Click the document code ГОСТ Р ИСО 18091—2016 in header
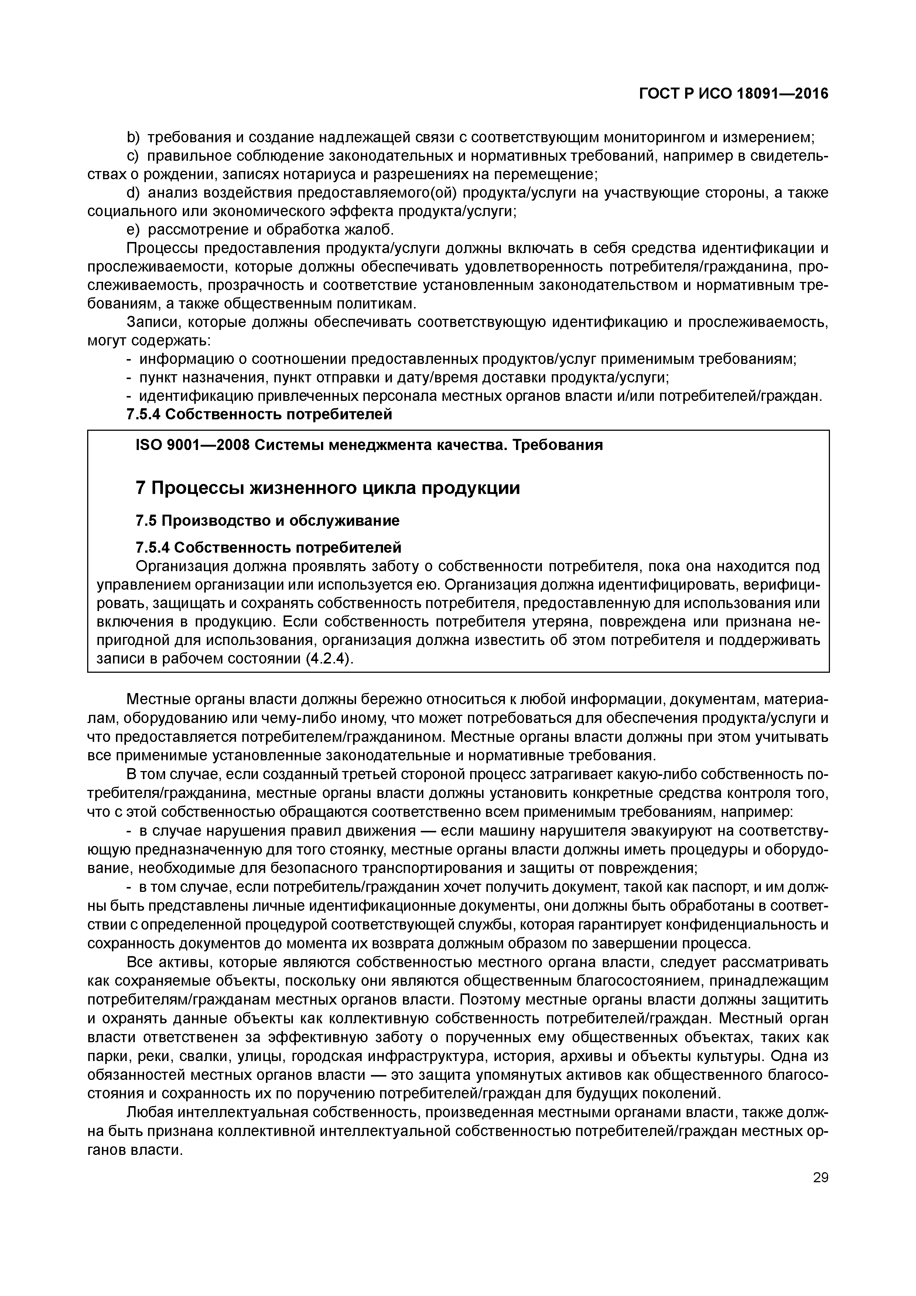click(x=733, y=94)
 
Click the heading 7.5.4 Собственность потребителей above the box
click(x=259, y=414)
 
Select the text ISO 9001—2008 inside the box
click(x=192, y=445)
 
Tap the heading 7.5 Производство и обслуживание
click(x=267, y=521)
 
